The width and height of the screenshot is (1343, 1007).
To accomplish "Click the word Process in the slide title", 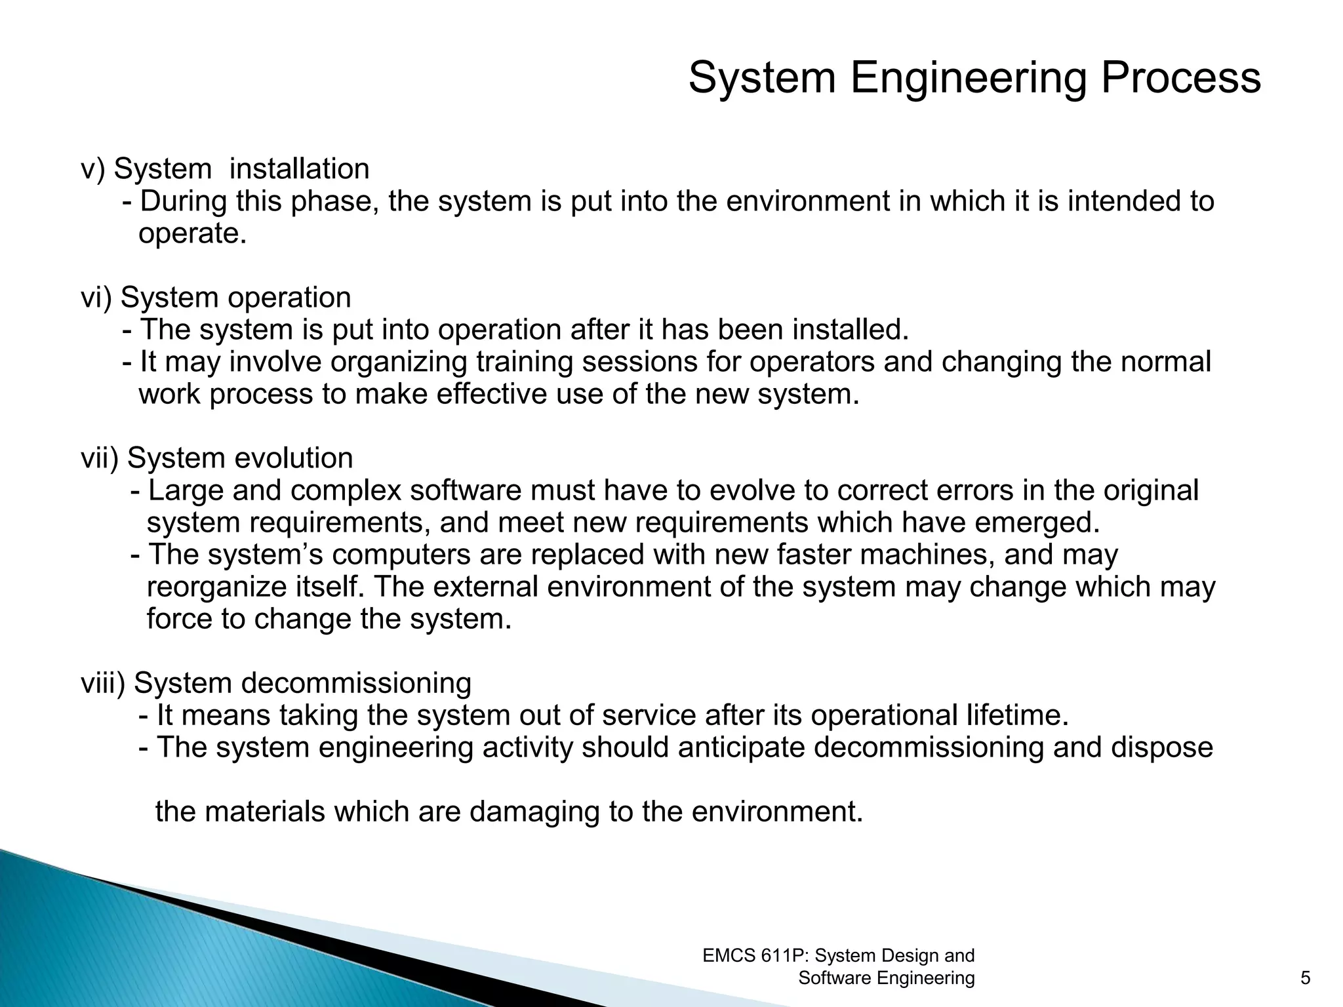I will (x=1180, y=78).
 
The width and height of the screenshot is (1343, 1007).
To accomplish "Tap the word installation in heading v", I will (x=299, y=169).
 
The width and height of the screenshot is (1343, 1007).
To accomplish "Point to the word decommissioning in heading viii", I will (x=356, y=684).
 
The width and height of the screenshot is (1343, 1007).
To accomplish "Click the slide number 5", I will (x=1306, y=979).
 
